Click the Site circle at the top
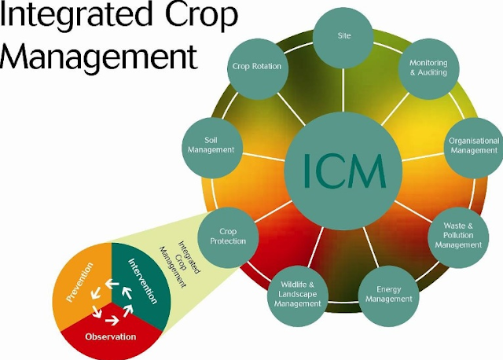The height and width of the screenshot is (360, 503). pos(343,36)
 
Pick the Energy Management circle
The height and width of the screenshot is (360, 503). pos(389,294)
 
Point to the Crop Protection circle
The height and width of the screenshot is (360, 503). pos(228,235)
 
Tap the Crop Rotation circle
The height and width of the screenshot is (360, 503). pos(256,66)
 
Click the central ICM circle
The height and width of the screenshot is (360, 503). pos(343,167)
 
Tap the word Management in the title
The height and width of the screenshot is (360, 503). pos(99,57)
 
